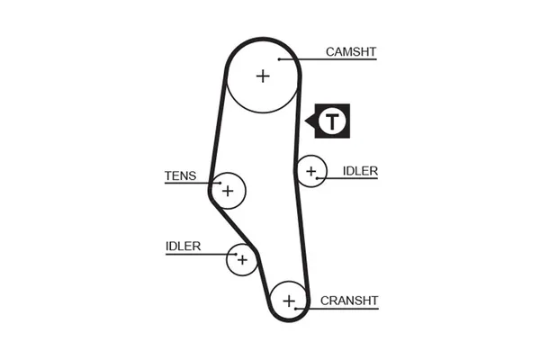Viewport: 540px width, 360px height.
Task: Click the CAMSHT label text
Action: point(350,52)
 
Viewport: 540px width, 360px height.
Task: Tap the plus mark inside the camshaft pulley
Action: point(262,76)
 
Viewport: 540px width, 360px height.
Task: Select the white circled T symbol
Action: point(333,121)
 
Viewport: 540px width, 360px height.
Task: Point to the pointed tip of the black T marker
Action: point(309,121)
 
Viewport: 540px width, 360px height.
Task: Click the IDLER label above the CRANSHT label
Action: point(360,171)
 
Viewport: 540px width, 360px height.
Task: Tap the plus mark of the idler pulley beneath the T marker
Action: point(311,171)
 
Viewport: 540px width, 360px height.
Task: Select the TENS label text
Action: point(180,176)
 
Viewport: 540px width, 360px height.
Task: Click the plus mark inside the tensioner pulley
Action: point(228,191)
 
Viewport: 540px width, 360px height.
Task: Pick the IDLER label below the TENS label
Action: point(183,246)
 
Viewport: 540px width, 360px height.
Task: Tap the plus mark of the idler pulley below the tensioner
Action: point(241,260)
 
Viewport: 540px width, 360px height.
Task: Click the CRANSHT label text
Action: point(349,301)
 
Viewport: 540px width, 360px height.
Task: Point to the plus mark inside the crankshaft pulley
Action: point(289,301)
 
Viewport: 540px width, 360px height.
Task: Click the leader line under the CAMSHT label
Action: point(333,59)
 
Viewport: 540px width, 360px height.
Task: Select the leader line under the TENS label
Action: point(189,184)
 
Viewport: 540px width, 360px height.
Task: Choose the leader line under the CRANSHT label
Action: point(346,309)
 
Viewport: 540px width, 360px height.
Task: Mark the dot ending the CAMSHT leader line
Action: point(281,59)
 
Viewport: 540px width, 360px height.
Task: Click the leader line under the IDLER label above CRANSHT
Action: point(351,178)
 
